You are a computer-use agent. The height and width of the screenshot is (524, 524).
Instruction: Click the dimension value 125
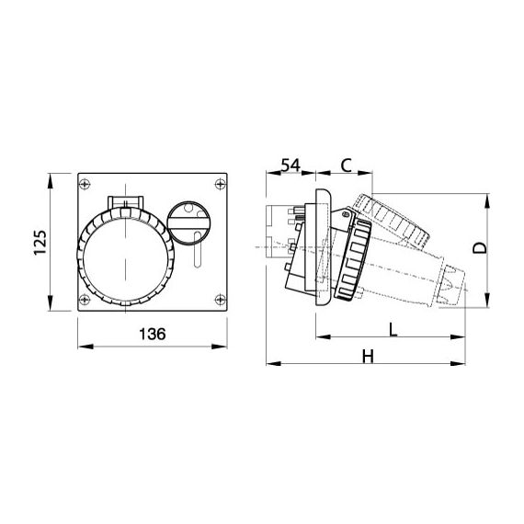coord(40,242)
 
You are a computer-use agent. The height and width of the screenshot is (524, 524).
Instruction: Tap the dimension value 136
coord(153,334)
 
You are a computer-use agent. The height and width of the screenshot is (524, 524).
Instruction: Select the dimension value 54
coord(290,165)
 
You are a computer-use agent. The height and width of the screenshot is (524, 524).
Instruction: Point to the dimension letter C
coord(347,165)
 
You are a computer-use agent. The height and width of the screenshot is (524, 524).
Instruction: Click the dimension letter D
coord(480,248)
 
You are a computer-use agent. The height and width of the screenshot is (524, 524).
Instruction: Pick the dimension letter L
coord(393,330)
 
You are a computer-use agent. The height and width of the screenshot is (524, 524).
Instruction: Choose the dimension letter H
coord(368,357)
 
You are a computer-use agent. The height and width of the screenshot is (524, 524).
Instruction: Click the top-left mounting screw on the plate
coord(85,184)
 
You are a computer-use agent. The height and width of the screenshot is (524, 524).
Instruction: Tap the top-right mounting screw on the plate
coord(220,184)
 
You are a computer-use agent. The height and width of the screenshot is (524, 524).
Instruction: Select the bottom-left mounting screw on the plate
coord(85,299)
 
